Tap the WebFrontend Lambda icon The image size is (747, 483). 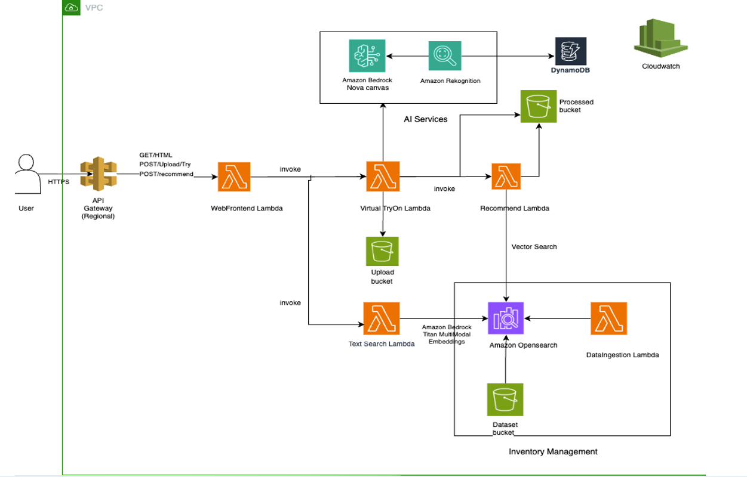234,177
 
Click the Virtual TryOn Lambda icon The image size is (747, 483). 382,177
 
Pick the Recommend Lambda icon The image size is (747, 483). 506,177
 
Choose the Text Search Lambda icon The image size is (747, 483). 382,318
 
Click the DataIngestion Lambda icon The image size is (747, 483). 608,318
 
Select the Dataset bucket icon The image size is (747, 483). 505,400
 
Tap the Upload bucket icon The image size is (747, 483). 382,252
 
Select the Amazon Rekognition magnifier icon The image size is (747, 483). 444,57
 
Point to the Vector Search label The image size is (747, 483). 534,246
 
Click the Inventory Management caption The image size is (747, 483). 553,451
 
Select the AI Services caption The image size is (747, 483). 426,119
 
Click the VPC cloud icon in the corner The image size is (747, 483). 71,8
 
